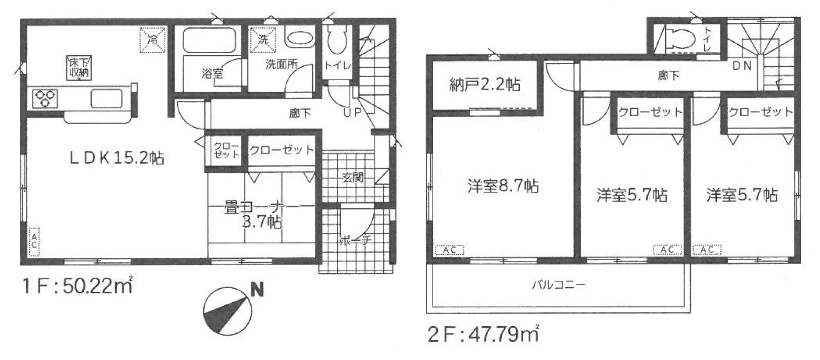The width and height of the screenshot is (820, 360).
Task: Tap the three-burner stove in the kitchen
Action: click(45, 98)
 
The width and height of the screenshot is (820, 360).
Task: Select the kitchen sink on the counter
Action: click(106, 98)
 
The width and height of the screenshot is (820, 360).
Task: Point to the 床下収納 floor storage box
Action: click(79, 67)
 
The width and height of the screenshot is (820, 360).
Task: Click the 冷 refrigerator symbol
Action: click(152, 40)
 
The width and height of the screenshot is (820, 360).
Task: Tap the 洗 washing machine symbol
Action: click(262, 39)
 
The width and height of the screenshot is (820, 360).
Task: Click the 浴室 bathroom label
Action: click(212, 73)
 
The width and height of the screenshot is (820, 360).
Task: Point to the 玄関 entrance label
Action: click(353, 178)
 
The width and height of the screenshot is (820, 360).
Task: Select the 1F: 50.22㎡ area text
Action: click(77, 285)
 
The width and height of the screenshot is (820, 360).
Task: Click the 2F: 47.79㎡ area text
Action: click(483, 333)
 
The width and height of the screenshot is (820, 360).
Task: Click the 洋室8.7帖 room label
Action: click(503, 186)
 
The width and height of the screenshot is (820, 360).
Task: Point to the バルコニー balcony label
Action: click(559, 284)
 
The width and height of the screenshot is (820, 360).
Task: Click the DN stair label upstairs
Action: click(742, 66)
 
